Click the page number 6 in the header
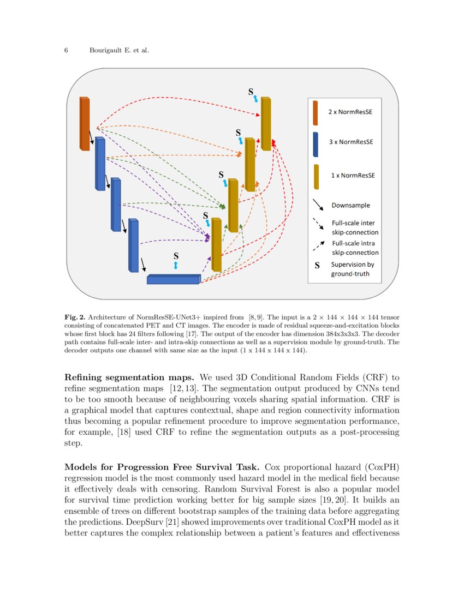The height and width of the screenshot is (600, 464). pyautogui.click(x=66, y=51)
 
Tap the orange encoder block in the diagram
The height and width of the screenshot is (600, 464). pyautogui.click(x=85, y=124)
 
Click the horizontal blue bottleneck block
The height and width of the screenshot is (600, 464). pyautogui.click(x=174, y=279)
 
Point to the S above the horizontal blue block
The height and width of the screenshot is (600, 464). pyautogui.click(x=176, y=255)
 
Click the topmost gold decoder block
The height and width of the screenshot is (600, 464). pyautogui.click(x=266, y=124)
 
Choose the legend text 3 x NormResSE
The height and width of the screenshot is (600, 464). pyautogui.click(x=350, y=142)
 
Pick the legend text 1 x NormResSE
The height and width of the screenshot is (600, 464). pyautogui.click(x=350, y=175)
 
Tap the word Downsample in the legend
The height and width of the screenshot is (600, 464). pyautogui.click(x=350, y=206)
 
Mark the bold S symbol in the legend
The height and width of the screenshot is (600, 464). pyautogui.click(x=317, y=266)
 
